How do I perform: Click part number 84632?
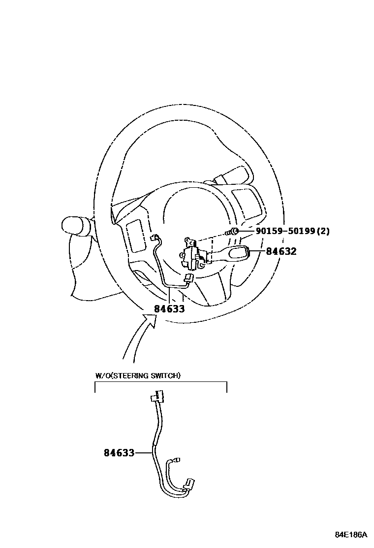[x=281, y=251]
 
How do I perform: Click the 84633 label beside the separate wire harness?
[x=119, y=452]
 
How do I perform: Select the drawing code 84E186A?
[x=351, y=535]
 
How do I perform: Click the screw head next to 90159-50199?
[x=235, y=231]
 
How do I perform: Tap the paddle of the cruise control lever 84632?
[x=240, y=253]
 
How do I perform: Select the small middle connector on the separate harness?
[x=178, y=460]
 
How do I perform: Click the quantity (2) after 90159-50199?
[x=323, y=231]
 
